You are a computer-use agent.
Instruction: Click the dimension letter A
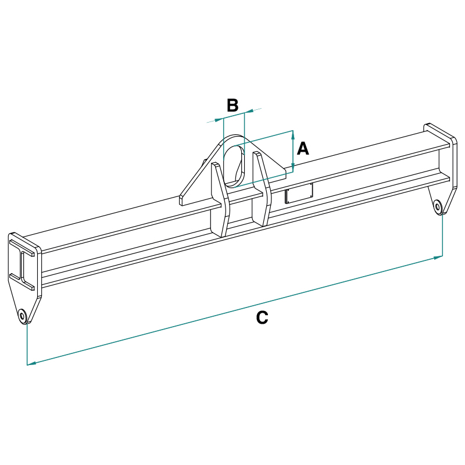(x=303, y=149)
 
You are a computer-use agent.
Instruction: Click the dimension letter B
(x=233, y=105)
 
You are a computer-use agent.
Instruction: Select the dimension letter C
(x=262, y=317)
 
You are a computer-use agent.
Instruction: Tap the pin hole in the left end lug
(x=23, y=316)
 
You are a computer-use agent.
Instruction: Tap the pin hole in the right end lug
(x=438, y=205)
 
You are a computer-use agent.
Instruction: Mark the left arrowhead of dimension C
(x=31, y=363)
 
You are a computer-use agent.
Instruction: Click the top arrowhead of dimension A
(x=292, y=135)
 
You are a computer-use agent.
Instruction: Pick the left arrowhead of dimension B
(x=220, y=120)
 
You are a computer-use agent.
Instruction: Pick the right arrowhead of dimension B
(x=248, y=112)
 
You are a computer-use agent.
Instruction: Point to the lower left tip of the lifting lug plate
(x=181, y=202)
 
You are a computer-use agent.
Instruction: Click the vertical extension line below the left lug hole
(x=27, y=343)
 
